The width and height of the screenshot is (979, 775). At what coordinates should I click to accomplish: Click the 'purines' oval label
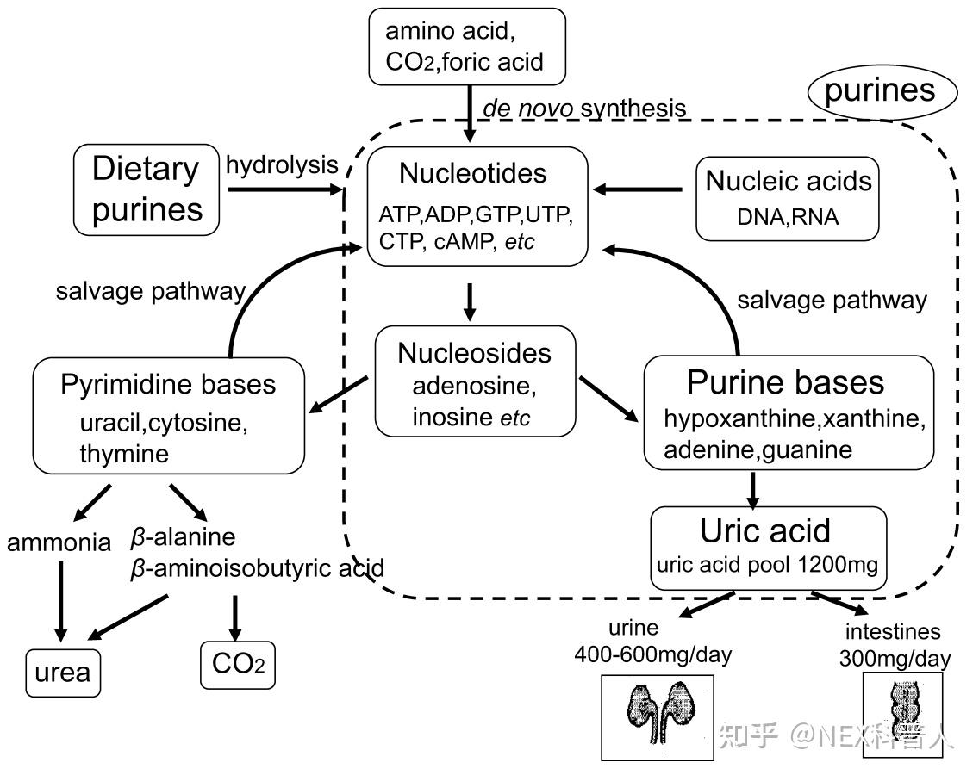(882, 92)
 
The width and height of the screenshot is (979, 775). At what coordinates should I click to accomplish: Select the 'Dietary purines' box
(147, 189)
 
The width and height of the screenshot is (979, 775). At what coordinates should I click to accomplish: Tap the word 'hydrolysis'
(282, 165)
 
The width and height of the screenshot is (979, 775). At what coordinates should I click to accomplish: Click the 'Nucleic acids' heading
(788, 181)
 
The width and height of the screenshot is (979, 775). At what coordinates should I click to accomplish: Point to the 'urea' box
(63, 673)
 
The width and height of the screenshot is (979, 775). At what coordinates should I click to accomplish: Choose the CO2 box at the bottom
(238, 665)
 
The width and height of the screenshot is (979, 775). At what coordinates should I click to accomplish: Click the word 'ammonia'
(59, 542)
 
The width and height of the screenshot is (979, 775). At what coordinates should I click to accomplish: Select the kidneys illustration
(658, 717)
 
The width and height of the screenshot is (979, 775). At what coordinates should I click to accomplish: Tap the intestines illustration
(903, 715)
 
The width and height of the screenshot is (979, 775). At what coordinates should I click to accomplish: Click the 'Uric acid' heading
(765, 531)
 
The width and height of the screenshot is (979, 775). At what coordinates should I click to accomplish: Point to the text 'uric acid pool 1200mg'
(767, 565)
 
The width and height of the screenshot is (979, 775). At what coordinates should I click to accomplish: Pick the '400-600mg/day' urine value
(653, 654)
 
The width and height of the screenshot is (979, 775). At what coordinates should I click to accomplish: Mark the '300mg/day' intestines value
(895, 658)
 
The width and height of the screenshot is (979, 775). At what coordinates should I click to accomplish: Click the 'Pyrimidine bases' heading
(168, 384)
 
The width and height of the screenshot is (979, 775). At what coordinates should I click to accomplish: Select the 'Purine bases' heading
(785, 381)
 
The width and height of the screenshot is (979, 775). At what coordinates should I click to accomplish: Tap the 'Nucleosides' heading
(475, 353)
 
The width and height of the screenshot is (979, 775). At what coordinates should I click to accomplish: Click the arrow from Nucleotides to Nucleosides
(471, 302)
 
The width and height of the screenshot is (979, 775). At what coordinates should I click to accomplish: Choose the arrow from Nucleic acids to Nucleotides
(637, 189)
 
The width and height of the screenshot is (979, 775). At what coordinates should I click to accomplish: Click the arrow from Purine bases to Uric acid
(753, 491)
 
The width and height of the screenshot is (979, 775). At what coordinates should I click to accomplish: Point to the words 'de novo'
(527, 108)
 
